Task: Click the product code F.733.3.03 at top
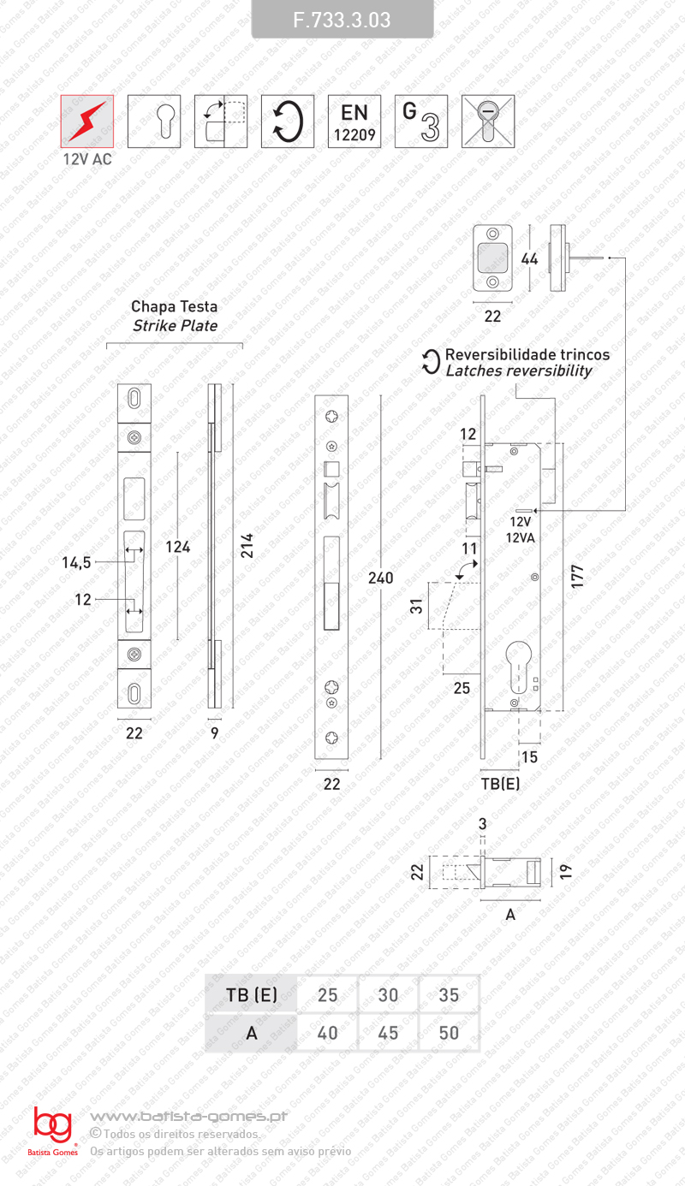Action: tap(342, 20)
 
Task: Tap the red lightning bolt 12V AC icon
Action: tap(86, 122)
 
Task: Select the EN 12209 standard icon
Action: tap(354, 122)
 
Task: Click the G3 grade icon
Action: tap(421, 122)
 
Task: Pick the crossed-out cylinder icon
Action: tap(488, 122)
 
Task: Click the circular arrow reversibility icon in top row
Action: tap(287, 122)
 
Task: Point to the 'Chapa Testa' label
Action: tap(174, 306)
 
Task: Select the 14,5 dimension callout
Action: tap(76, 562)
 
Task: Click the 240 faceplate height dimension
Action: tap(379, 578)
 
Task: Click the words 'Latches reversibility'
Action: tap(519, 371)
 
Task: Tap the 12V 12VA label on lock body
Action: tap(520, 528)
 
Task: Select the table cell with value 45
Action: tap(388, 1033)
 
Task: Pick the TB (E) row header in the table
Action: tap(252, 995)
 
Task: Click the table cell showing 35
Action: tap(449, 995)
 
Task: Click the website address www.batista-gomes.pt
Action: tap(188, 1116)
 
